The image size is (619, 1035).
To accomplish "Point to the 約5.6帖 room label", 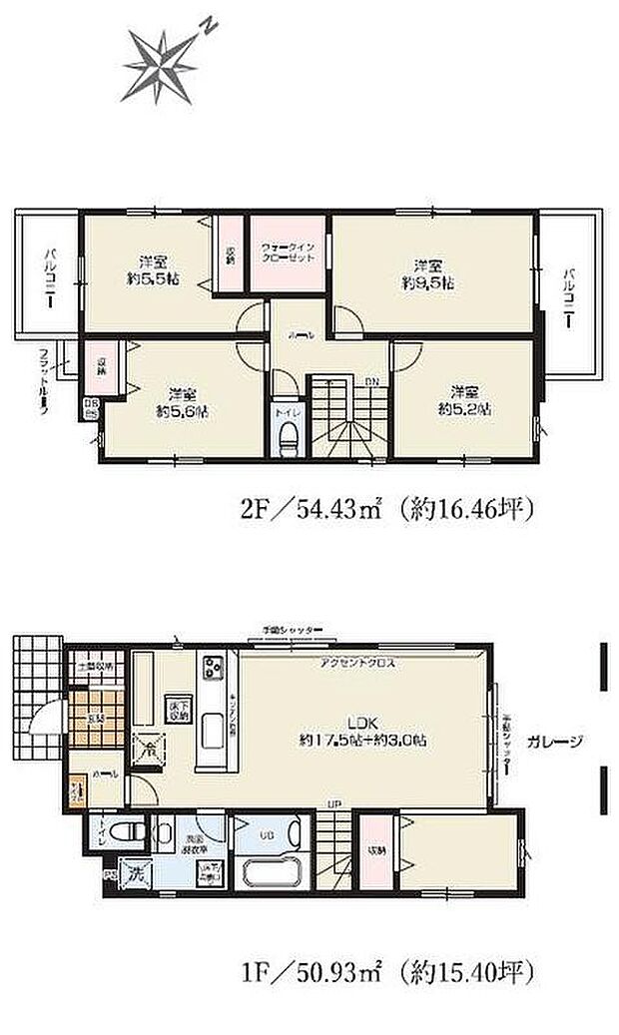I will tap(181, 401).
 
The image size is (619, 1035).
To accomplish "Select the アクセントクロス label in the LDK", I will tap(350, 662).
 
